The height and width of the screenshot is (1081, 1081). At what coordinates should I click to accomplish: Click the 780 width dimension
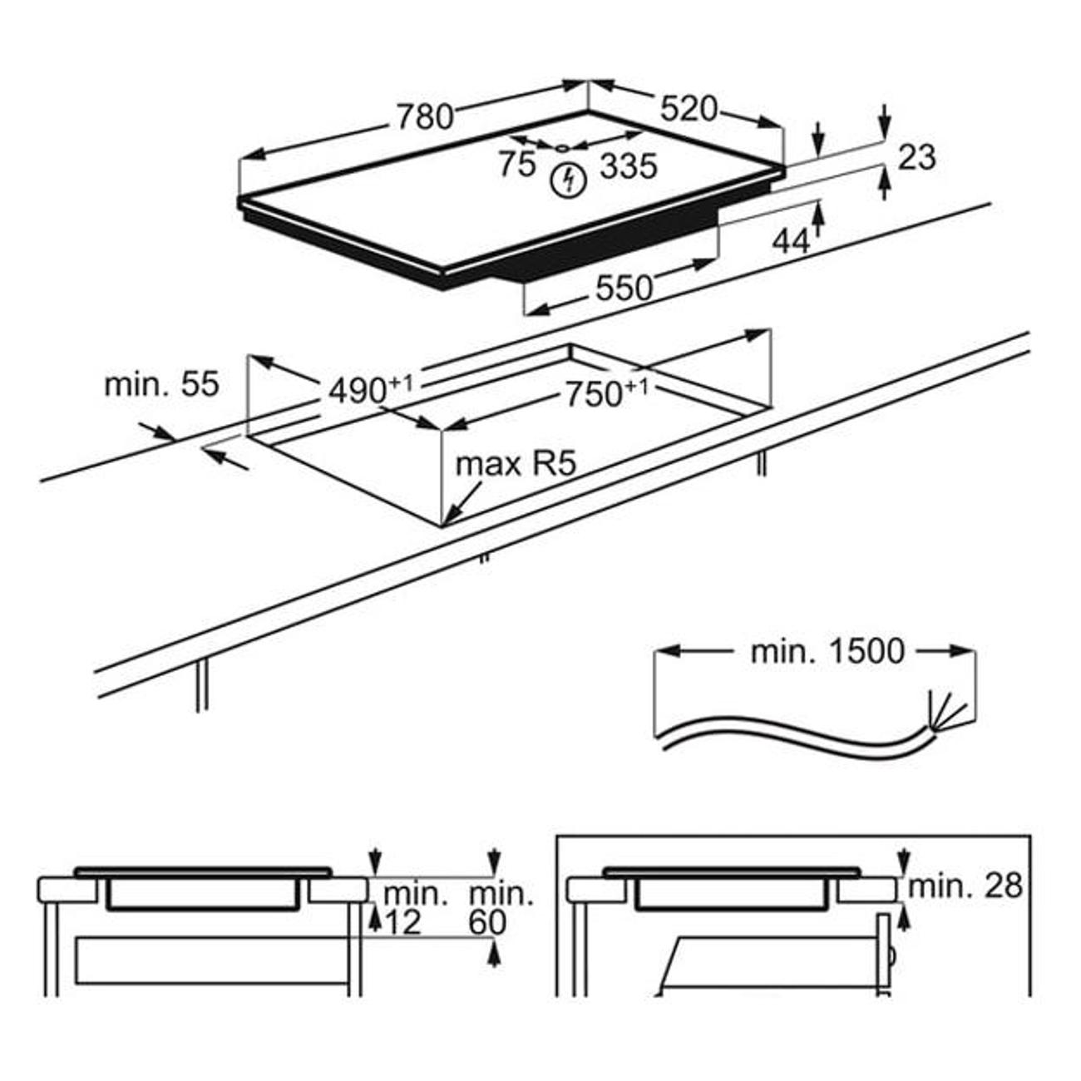point(424,117)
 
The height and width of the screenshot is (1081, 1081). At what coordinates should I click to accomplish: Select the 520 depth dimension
point(689,108)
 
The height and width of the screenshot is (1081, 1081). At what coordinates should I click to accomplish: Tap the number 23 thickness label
point(917,156)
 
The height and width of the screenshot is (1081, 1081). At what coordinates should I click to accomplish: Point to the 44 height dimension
point(791,241)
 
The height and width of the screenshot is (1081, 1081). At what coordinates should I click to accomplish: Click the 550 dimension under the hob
point(624,288)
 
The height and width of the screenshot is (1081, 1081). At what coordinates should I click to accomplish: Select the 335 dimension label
point(629,166)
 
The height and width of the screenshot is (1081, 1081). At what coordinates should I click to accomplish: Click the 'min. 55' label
point(161,384)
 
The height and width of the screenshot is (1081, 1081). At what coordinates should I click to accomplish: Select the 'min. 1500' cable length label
point(827,651)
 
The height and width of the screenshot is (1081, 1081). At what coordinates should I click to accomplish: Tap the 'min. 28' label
point(965,886)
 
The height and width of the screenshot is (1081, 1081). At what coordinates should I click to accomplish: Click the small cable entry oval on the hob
point(563,147)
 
